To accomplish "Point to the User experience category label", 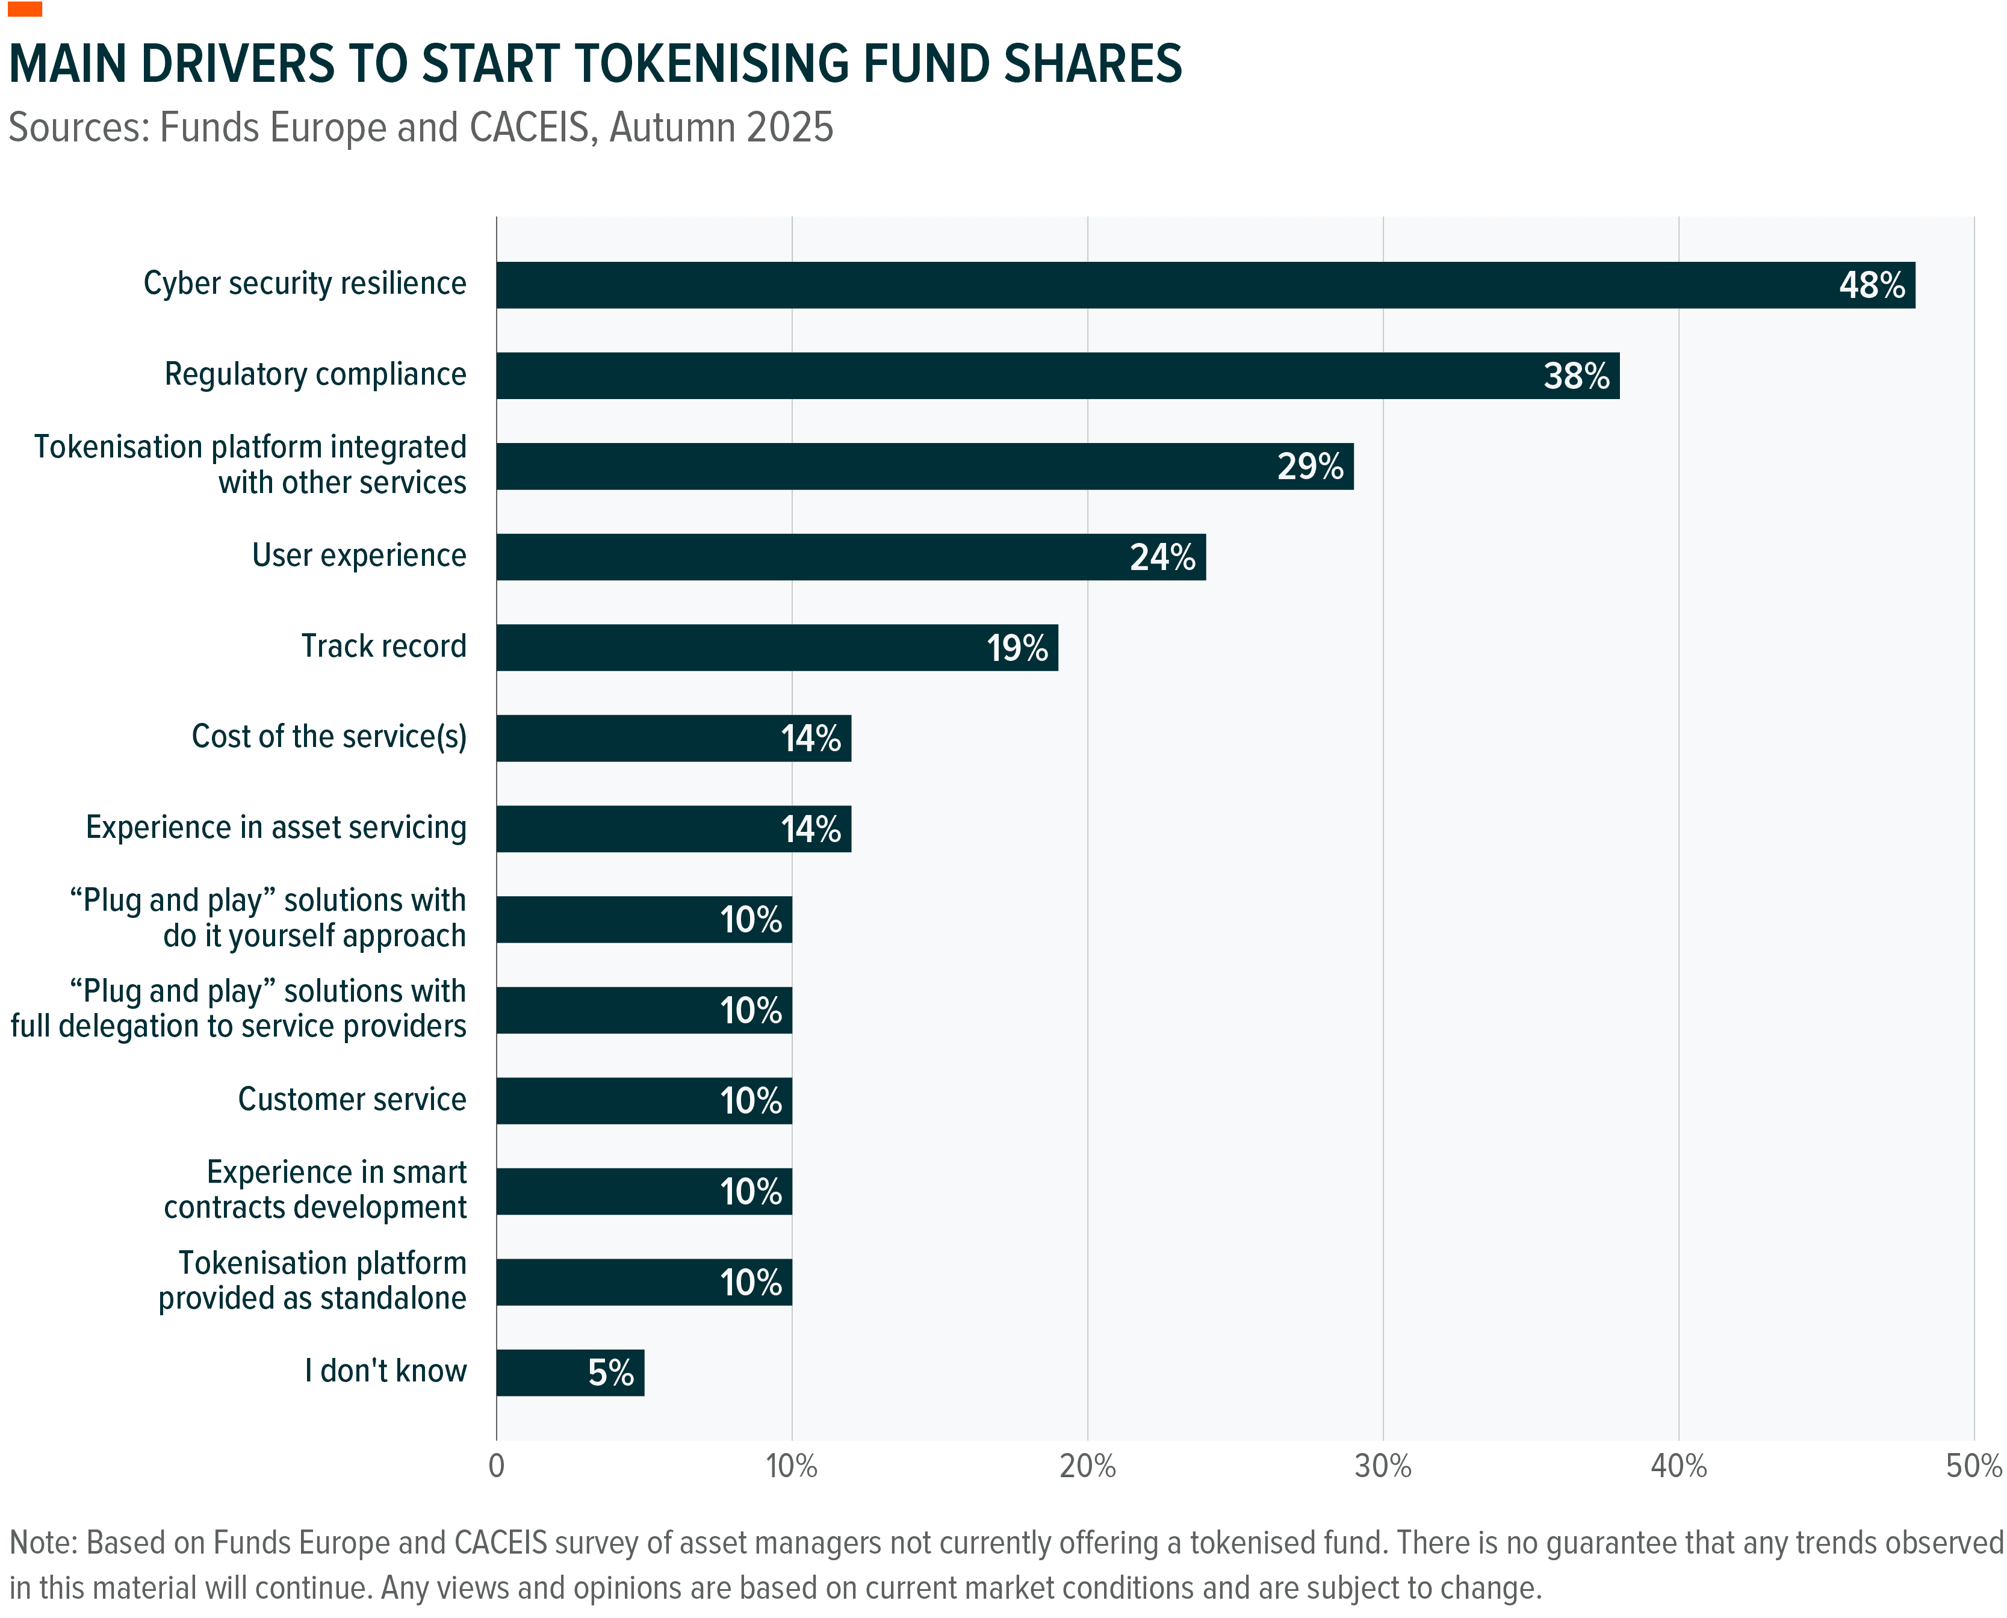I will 359,556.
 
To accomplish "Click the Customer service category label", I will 352,1099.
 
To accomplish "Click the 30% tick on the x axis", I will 1382,1467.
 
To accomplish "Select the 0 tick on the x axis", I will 496,1467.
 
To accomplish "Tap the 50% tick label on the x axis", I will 1973,1467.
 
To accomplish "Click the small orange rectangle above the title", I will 25,8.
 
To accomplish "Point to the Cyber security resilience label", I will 304,284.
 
